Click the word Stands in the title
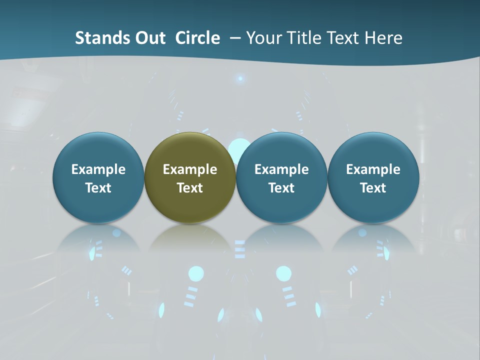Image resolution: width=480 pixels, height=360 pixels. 97,38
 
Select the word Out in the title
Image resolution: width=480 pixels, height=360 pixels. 149,38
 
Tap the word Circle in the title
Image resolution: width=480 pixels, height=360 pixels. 197,38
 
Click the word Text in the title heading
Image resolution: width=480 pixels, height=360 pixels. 344,38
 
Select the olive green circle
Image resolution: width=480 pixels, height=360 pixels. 190,177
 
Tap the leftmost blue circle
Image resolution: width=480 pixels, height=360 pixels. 98,177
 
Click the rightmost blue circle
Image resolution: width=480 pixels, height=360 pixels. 373,177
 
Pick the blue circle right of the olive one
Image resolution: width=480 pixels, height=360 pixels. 281,177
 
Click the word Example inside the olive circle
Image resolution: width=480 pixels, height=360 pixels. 190,169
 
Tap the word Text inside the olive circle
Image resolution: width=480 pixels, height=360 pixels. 190,188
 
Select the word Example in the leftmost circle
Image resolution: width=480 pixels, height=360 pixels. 98,169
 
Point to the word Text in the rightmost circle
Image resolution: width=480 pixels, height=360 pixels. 373,188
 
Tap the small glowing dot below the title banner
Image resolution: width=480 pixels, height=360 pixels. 240,78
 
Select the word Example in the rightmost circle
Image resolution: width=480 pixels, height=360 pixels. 373,169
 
